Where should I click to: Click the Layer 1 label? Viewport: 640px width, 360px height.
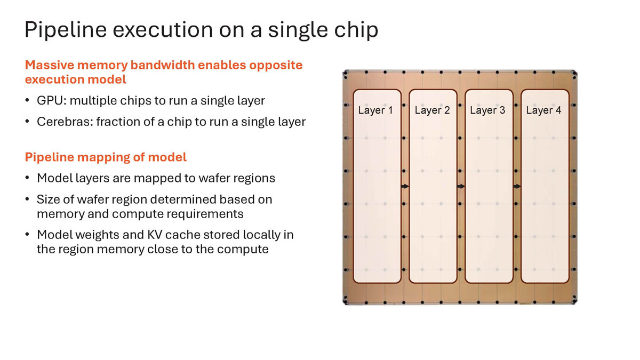point(375,110)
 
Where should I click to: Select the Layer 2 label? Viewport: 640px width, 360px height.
point(433,110)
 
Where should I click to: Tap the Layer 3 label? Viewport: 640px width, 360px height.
point(487,110)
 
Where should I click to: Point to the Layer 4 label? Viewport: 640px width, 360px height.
point(543,110)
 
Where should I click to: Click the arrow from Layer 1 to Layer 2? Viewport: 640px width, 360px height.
point(405,186)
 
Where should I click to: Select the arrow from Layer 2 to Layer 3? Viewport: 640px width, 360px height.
point(461,186)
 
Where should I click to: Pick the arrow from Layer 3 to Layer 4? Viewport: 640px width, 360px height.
point(517,186)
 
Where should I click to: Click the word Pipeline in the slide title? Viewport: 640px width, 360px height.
point(66,30)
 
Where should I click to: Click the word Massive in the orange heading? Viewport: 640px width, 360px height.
point(50,65)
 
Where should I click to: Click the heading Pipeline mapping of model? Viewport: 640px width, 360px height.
point(106,157)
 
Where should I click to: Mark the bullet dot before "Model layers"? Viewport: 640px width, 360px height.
point(27,178)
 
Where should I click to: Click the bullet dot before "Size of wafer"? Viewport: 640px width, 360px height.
point(27,199)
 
